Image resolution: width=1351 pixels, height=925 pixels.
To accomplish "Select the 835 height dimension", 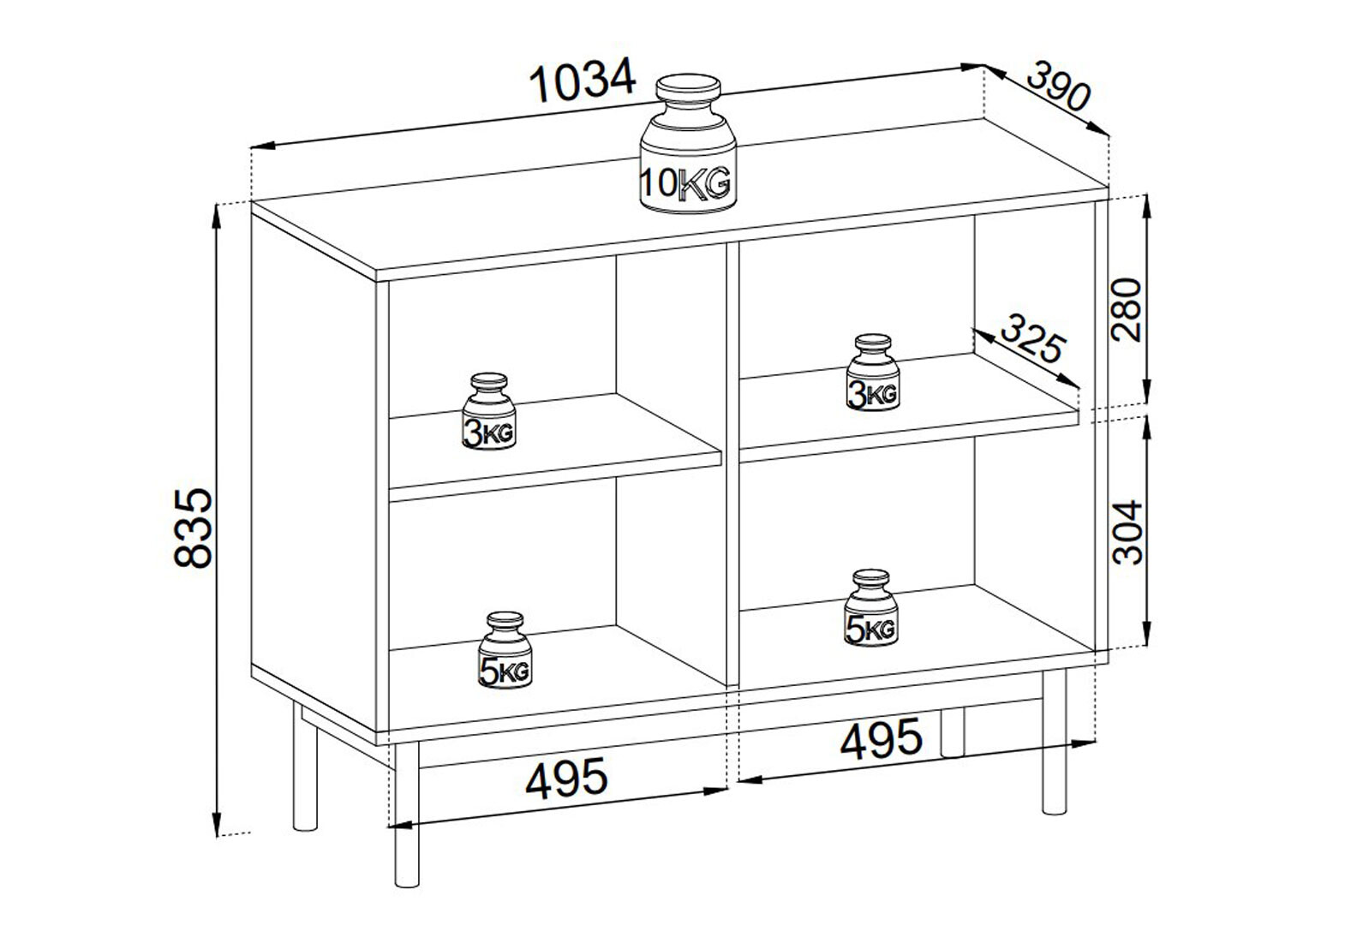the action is pyautogui.click(x=193, y=528).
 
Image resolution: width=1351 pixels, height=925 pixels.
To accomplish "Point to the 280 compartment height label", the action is pyautogui.click(x=1127, y=309).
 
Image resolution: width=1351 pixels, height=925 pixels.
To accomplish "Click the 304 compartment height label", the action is pyautogui.click(x=1127, y=533).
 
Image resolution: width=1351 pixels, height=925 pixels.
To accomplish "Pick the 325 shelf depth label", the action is pyautogui.click(x=1033, y=338).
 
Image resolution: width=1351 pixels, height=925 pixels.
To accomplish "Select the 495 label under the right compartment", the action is pyautogui.click(x=882, y=738).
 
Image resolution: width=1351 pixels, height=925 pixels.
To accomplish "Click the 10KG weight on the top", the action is pyautogui.click(x=688, y=144).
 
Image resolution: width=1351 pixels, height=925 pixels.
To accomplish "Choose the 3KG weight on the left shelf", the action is pyautogui.click(x=489, y=411).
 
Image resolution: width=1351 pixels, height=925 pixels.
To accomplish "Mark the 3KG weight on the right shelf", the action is pyautogui.click(x=873, y=372).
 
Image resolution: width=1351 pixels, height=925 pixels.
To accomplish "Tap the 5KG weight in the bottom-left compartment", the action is pyautogui.click(x=505, y=650).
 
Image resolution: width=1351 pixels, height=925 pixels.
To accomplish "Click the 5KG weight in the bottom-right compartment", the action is pyautogui.click(x=871, y=608).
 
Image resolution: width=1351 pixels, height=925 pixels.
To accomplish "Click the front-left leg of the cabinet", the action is pyautogui.click(x=407, y=815).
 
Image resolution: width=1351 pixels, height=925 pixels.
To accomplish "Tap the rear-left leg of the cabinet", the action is pyautogui.click(x=305, y=766).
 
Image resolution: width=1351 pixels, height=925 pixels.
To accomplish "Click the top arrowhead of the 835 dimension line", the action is pyautogui.click(x=216, y=218).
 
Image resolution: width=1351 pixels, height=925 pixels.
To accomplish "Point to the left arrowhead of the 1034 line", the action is pyautogui.click(x=264, y=146).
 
